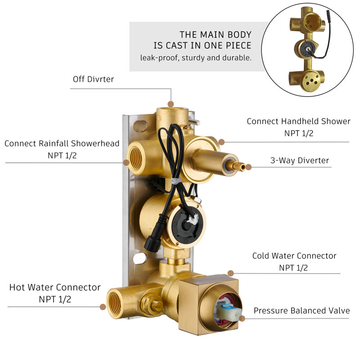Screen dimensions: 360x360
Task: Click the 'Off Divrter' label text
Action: [93, 79]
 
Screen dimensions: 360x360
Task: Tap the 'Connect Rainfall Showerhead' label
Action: [62, 144]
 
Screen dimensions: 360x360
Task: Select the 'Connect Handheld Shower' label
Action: [298, 121]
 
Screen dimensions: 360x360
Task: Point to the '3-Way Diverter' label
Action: [299, 160]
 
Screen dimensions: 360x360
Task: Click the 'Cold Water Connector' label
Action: [294, 256]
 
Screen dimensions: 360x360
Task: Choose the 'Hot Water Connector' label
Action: [55, 288]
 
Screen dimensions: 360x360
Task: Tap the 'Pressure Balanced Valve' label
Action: [301, 310]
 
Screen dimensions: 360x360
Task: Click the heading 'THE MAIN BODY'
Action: [216, 35]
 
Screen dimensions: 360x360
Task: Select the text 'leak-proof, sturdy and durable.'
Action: [196, 58]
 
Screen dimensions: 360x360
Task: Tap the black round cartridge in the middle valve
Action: [187, 224]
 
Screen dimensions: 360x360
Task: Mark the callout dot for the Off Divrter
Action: [171, 104]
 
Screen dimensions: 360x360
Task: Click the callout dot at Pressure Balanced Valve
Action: [242, 319]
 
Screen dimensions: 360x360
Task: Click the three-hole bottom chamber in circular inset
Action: [310, 81]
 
